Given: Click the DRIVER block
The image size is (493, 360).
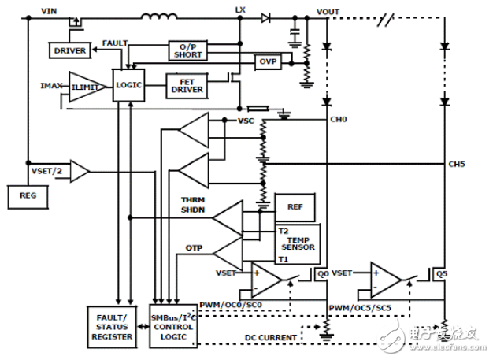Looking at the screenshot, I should coord(70,51).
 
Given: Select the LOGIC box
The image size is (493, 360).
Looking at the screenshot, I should coord(128,83).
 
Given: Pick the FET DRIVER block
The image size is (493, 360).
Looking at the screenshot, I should coord(187,85).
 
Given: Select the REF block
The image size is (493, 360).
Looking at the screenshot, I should coord(294,206).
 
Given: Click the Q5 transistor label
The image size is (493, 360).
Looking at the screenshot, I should coord(442,275).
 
